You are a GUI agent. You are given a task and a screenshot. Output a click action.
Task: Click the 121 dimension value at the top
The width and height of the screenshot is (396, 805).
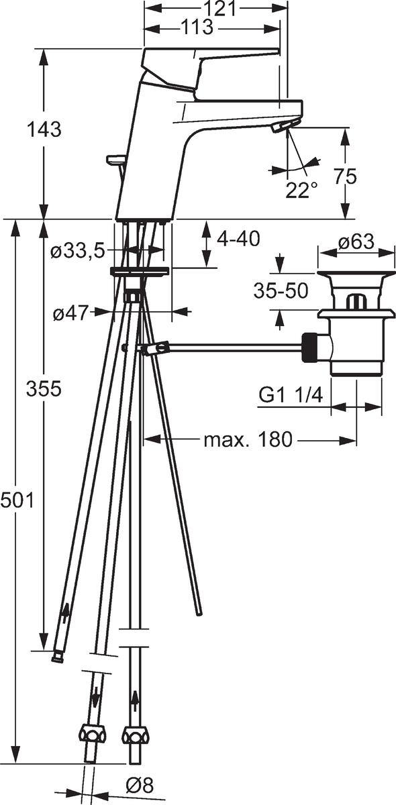(219, 8)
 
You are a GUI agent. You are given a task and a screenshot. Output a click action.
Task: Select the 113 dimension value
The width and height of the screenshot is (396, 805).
(197, 28)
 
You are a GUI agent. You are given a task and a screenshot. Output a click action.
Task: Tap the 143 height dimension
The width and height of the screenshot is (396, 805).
(44, 129)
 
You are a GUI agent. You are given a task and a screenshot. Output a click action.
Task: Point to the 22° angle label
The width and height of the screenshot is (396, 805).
(302, 190)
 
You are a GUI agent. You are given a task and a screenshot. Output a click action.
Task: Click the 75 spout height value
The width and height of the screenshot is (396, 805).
(345, 176)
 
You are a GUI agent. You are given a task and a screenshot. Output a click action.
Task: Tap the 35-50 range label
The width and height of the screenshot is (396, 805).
(281, 290)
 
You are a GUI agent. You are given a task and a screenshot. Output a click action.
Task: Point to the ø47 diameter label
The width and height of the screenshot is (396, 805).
(70, 314)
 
